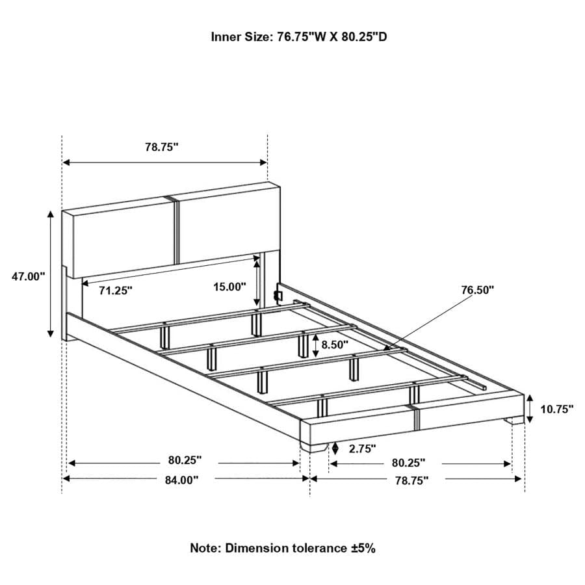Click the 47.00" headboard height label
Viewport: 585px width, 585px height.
(28, 276)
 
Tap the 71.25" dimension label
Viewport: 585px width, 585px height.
(115, 291)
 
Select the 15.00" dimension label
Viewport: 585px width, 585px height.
(229, 286)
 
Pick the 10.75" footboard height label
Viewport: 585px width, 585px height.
(557, 409)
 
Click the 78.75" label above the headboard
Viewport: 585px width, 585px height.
(161, 148)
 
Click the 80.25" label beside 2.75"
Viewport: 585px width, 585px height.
(408, 463)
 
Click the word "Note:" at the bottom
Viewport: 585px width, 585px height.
(205, 548)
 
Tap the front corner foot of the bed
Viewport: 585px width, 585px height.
(318, 447)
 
